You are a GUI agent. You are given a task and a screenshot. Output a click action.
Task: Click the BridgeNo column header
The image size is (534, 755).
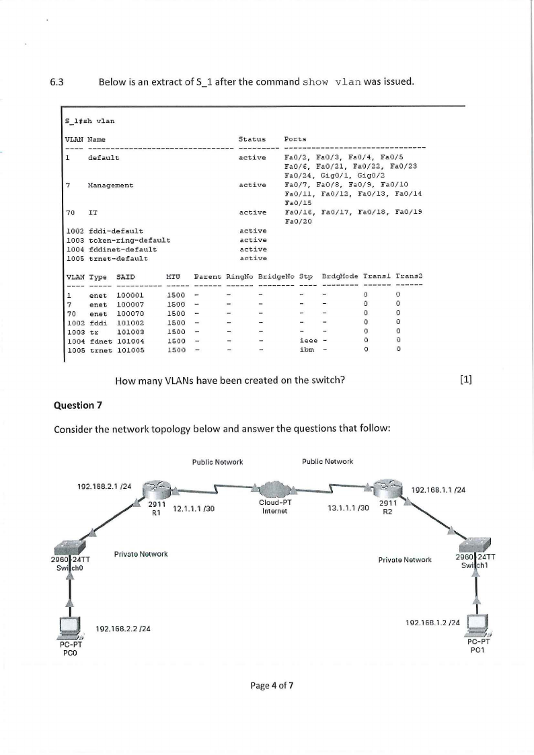tap(274, 276)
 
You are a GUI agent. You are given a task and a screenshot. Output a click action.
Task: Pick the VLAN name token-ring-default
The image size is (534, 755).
tap(128, 239)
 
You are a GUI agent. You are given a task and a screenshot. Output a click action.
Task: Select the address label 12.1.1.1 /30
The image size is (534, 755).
tap(193, 508)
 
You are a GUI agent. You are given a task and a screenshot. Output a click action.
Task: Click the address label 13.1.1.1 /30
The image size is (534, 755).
tap(348, 508)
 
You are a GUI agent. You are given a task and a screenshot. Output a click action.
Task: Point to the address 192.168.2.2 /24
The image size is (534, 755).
tap(123, 629)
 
